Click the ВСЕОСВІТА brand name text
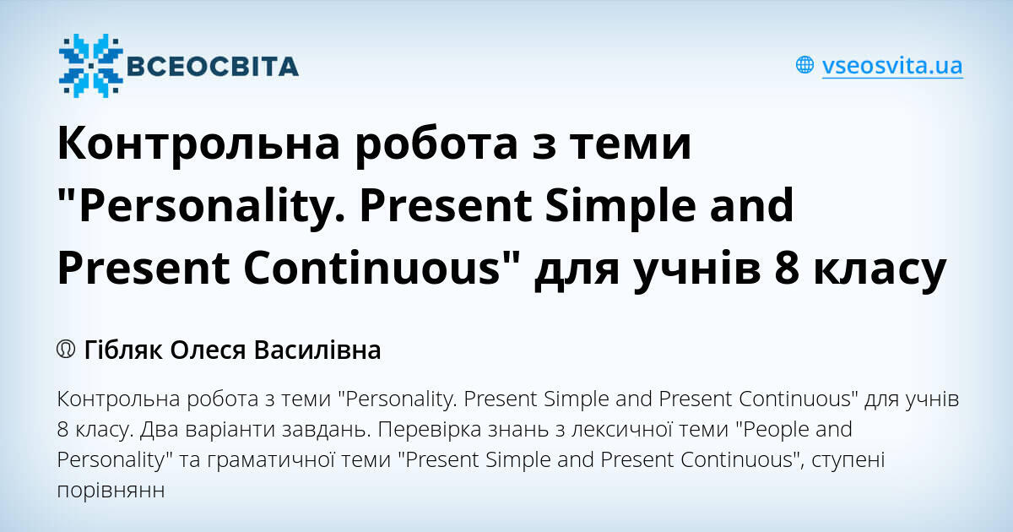pos(211,67)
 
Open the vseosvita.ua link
pos(891,66)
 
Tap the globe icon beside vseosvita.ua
pos(805,65)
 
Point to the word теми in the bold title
pos(638,144)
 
